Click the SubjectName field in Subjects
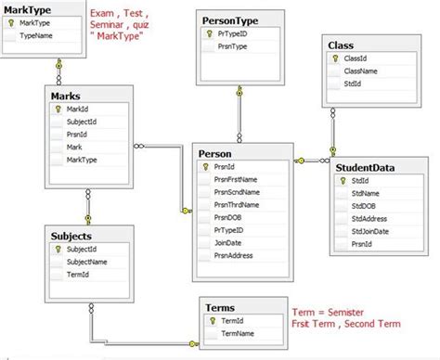88,263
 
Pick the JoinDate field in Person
228,241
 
